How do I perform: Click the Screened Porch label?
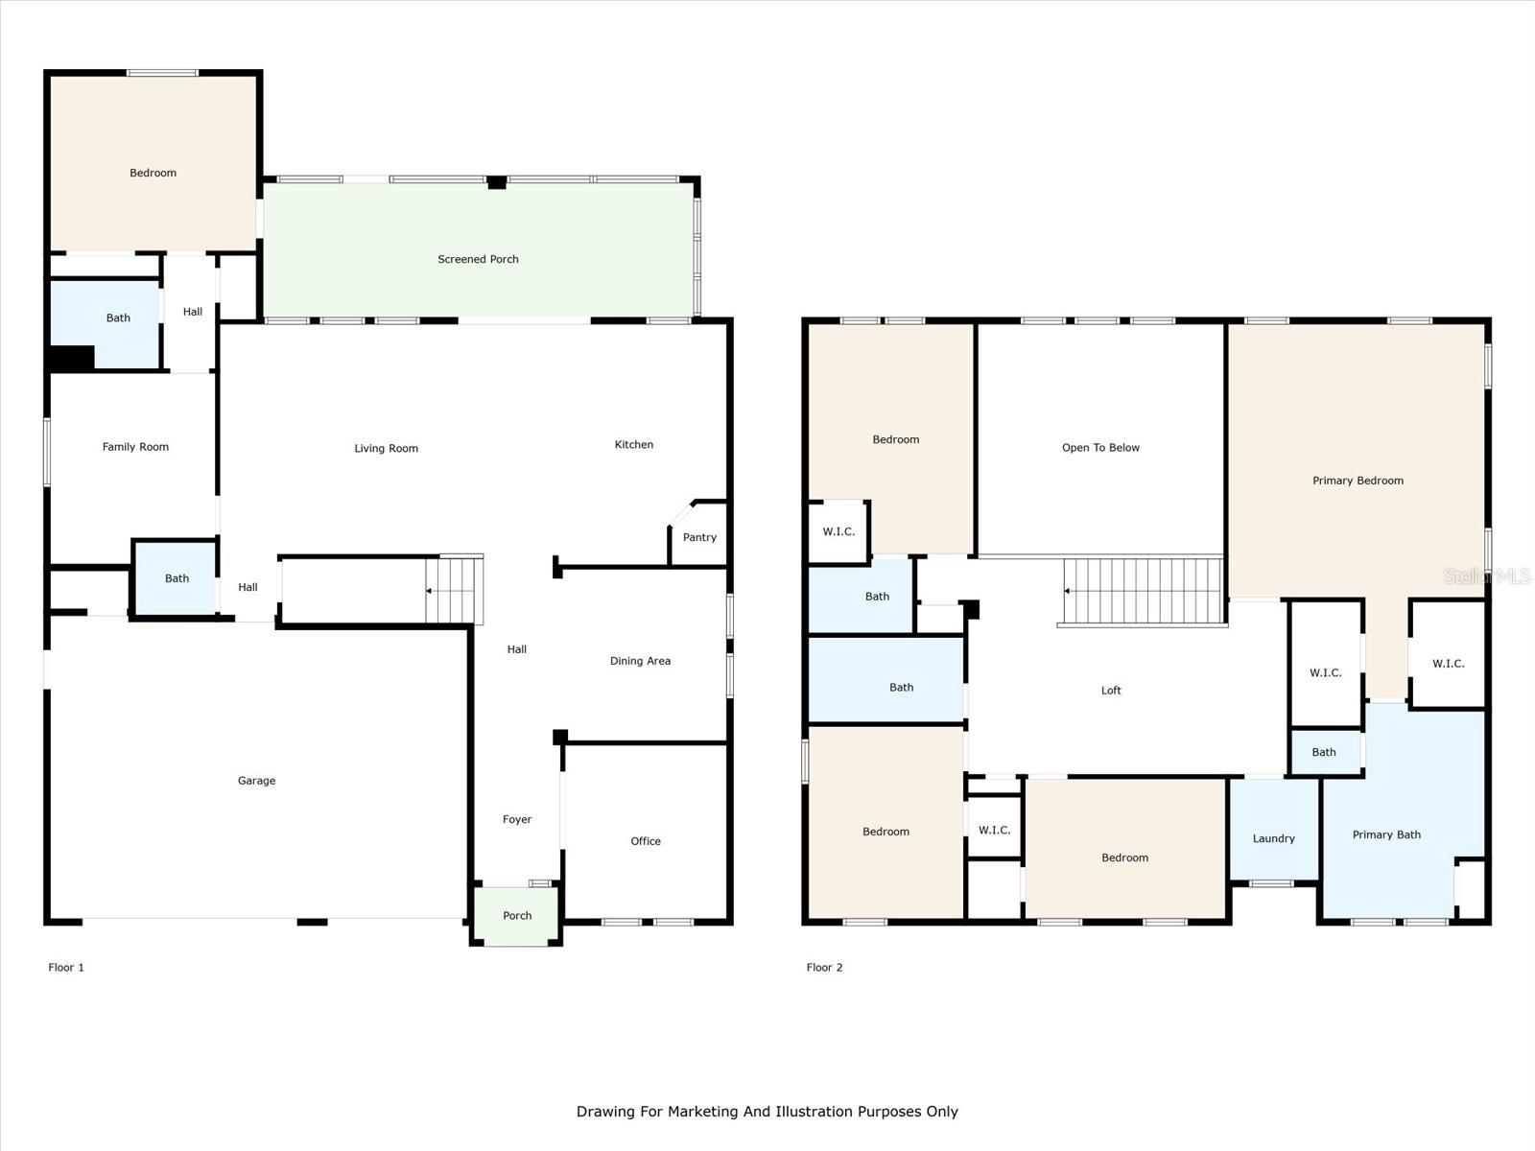coord(478,259)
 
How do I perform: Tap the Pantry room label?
coord(699,537)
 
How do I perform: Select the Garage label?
coord(256,781)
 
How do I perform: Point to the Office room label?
coord(646,841)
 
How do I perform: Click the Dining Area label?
coord(640,661)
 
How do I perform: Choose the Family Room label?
coord(135,447)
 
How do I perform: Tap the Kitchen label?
coord(633,444)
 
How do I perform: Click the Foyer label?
coord(517,820)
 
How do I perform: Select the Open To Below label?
coord(1100,448)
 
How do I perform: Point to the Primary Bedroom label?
coord(1358,481)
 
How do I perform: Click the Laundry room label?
coord(1273,838)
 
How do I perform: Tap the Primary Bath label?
coord(1386,834)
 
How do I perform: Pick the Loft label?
coord(1111,691)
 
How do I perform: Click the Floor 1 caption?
coord(66,967)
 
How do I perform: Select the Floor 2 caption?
coord(824,967)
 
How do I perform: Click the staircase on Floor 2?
coord(1143,591)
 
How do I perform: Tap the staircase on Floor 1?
coord(454,589)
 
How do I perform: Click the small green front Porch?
coord(517,915)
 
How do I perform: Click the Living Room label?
coord(386,449)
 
